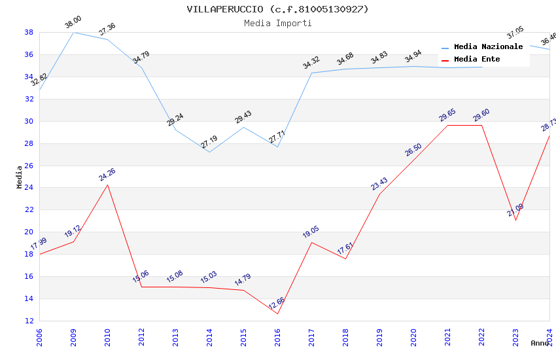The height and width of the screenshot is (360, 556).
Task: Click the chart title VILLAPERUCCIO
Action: [x=277, y=9]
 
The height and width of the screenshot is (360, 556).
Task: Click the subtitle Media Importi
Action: [x=277, y=23]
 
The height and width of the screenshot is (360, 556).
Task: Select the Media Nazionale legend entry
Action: [x=488, y=46]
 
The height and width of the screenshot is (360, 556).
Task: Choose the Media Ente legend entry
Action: [x=477, y=59]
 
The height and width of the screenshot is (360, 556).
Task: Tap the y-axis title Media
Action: [x=20, y=177]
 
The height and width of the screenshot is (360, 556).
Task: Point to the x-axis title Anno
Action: [x=540, y=343]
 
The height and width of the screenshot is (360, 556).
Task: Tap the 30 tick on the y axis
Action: [x=29, y=121]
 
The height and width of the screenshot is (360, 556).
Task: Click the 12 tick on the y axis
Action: [x=29, y=321]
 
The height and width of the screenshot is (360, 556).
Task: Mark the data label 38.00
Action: [x=73, y=24]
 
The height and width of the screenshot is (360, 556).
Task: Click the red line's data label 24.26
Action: [x=107, y=175]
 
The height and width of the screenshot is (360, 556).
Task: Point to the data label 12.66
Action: [x=277, y=304]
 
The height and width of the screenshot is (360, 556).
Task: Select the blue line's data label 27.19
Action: [x=209, y=142]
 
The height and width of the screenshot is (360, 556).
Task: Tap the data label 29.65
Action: [x=447, y=115]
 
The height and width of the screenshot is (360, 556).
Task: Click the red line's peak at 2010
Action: [x=107, y=185]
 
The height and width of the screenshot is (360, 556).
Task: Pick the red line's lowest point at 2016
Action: [x=277, y=314]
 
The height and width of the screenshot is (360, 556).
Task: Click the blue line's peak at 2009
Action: [x=73, y=32]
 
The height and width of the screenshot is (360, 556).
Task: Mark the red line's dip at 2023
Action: [x=515, y=220]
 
